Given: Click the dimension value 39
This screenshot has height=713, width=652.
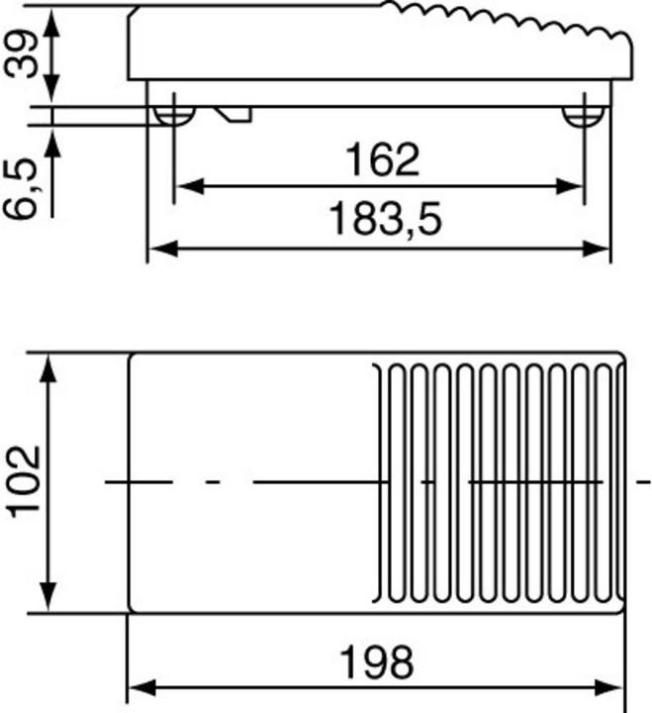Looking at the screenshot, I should point(22,51).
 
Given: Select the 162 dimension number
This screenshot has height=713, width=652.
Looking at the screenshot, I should point(382,159).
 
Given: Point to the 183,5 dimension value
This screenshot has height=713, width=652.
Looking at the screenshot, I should point(384,220).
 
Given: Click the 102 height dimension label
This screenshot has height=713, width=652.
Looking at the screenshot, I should point(23,481).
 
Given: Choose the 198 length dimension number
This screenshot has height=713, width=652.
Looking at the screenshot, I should point(376,661).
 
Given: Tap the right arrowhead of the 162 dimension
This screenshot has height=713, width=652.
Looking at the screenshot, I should point(572,185).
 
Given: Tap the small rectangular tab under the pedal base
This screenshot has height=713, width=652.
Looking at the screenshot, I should point(236,114).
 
